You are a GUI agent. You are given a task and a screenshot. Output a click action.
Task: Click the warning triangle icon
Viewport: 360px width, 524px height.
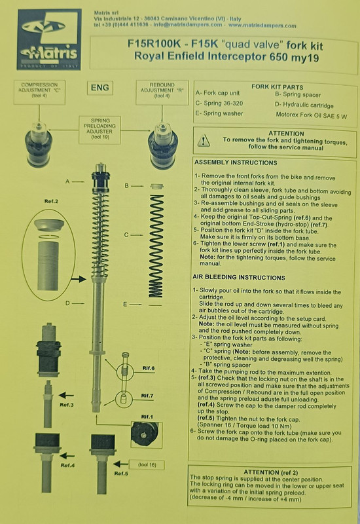click(205, 140)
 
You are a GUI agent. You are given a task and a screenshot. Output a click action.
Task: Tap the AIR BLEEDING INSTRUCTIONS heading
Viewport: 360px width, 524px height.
click(242, 278)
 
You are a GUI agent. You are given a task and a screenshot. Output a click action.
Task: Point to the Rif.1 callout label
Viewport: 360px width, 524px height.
click(147, 417)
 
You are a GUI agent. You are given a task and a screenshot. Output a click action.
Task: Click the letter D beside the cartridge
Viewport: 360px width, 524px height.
click(66, 303)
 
